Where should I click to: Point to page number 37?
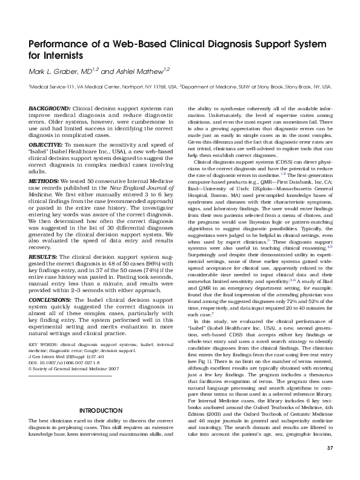tap(330, 464)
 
